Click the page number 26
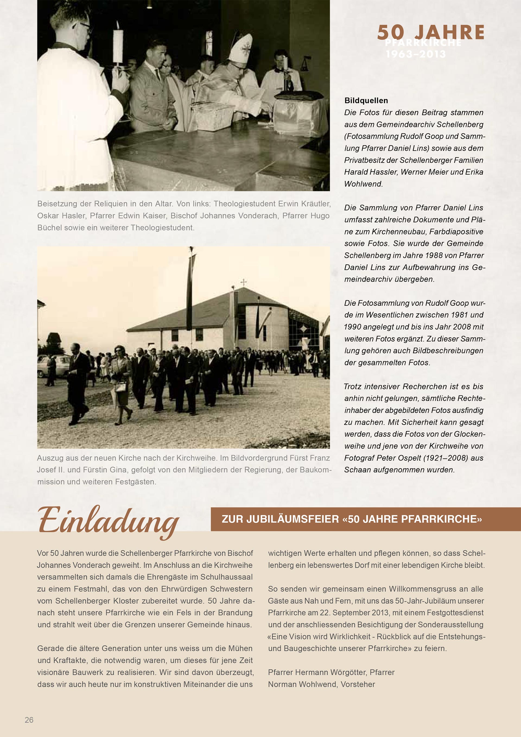(x=29, y=720)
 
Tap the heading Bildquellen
(x=366, y=100)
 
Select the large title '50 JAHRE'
(x=431, y=32)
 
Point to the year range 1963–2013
(x=416, y=54)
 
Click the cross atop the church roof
(x=244, y=283)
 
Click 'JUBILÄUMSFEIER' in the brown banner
(x=293, y=519)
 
